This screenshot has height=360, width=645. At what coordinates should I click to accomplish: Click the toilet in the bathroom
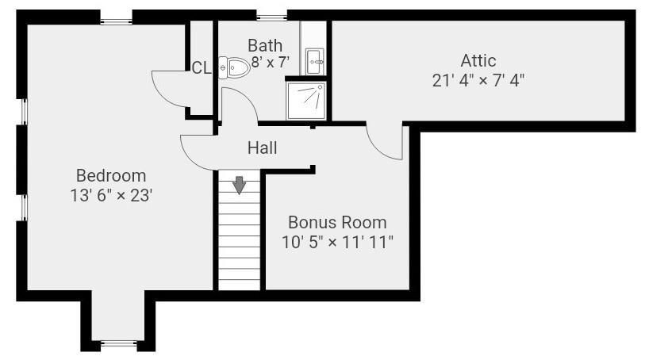click(x=234, y=67)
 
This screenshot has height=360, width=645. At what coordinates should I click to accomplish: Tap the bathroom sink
click(x=315, y=62)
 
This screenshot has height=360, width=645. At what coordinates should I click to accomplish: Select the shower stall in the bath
click(x=306, y=101)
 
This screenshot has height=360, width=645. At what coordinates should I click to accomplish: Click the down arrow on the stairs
click(x=239, y=185)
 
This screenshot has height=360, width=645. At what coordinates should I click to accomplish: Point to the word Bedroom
click(x=111, y=176)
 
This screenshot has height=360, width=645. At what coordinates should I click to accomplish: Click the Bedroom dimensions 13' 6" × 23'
click(x=111, y=196)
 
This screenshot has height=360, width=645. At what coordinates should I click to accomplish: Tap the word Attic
click(x=478, y=61)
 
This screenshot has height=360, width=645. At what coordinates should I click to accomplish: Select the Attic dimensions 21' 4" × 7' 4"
click(x=478, y=81)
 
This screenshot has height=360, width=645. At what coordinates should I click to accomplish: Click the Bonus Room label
click(x=337, y=223)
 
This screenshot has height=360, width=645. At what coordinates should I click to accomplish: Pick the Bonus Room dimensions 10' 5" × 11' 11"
click(x=337, y=243)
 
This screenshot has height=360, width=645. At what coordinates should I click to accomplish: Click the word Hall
click(x=262, y=148)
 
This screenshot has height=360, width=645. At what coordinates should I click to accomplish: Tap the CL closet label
click(x=202, y=68)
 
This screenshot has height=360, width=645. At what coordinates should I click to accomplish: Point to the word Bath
click(x=265, y=45)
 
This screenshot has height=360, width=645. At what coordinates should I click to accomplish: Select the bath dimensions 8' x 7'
click(x=271, y=63)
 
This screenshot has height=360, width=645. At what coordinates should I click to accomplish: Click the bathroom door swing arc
click(x=247, y=95)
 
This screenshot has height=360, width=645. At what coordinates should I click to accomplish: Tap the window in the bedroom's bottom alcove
click(x=119, y=343)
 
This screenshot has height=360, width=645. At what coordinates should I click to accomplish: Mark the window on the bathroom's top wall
click(x=272, y=17)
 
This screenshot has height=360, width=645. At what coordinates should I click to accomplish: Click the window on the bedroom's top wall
click(x=116, y=21)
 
